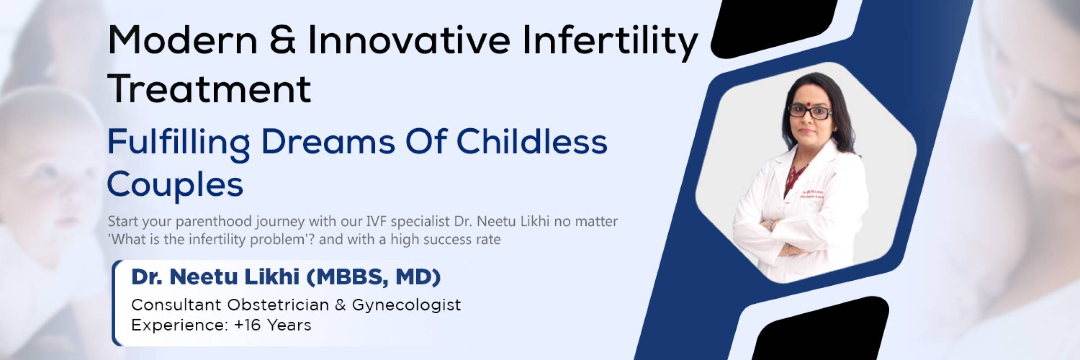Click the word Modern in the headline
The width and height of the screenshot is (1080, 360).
182,40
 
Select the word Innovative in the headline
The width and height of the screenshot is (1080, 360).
409,40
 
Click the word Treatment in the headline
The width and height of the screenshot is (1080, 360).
209,88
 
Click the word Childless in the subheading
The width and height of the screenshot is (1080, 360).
532,141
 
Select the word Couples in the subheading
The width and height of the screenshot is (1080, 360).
175,185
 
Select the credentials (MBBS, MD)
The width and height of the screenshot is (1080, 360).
373,278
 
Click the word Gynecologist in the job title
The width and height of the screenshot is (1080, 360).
406,306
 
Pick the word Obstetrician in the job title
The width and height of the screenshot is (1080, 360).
278,305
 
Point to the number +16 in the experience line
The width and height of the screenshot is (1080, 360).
247,325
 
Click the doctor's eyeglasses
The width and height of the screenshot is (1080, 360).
809,112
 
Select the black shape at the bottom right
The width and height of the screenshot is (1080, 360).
820,329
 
